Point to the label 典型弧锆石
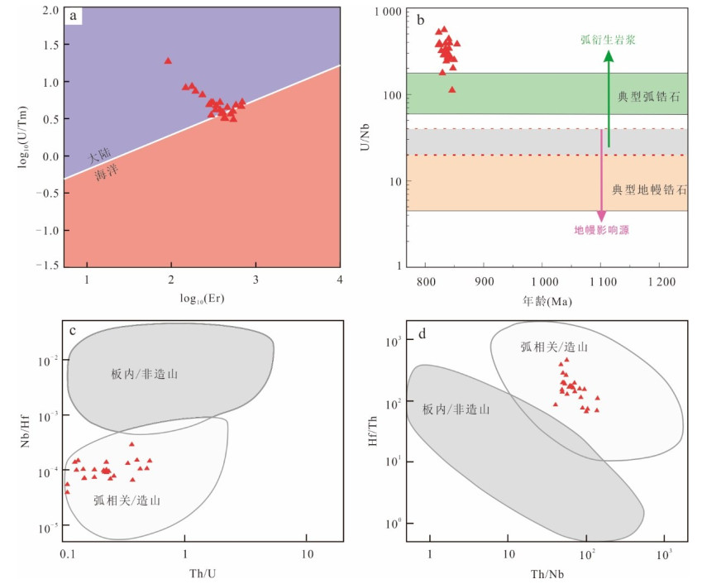649,97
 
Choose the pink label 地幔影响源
602,230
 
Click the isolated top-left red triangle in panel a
168,60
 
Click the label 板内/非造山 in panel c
146,375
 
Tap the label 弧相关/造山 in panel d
554,347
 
